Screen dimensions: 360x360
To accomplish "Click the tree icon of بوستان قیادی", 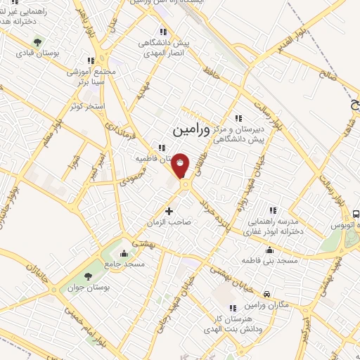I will click(38, 41).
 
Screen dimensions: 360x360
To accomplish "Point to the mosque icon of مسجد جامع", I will click(124, 254).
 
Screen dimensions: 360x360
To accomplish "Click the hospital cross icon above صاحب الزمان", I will click(169, 210).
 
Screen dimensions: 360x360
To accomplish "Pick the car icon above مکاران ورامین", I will click(266, 294).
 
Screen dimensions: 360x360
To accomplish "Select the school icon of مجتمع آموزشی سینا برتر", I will click(91, 60).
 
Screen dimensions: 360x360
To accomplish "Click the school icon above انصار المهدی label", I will click(163, 31).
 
